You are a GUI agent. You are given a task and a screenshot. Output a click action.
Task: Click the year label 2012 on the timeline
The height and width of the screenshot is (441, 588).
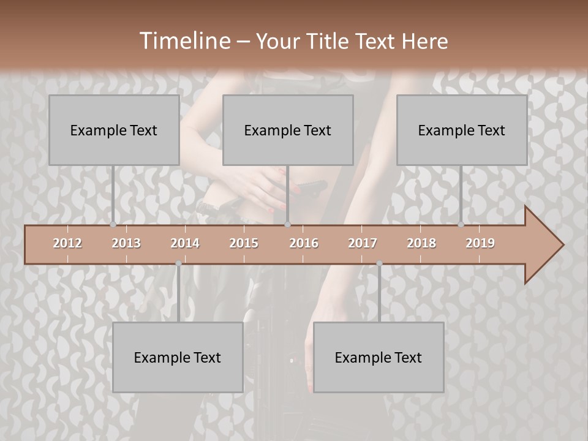tap(67, 243)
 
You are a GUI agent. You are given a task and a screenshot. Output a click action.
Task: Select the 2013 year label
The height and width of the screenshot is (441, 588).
tap(126, 243)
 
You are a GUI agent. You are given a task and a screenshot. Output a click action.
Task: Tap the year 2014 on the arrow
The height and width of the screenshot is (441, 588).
tap(185, 243)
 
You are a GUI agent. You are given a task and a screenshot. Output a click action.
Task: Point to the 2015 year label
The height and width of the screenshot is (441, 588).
tap(244, 243)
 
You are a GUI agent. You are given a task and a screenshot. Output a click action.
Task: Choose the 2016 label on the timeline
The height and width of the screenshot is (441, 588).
tap(304, 243)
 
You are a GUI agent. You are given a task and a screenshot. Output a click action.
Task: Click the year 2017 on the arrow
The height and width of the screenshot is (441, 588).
tap(363, 243)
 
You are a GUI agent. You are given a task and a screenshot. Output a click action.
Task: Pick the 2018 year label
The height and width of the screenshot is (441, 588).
tap(421, 243)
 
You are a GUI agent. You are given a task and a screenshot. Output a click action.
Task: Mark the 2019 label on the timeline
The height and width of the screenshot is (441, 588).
tap(480, 243)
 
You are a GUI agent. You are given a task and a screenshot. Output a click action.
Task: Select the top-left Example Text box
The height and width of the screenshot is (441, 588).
tap(114, 130)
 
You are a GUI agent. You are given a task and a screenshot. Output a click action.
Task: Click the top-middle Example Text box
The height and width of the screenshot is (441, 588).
tap(288, 130)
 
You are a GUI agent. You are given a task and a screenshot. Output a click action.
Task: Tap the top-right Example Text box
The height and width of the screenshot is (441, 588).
tap(462, 130)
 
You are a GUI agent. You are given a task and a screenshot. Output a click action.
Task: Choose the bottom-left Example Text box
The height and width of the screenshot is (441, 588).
tap(178, 357)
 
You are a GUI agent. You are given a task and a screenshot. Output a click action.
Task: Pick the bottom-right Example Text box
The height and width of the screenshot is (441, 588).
tap(379, 357)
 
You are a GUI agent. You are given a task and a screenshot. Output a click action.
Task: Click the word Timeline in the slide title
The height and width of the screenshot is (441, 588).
tap(184, 41)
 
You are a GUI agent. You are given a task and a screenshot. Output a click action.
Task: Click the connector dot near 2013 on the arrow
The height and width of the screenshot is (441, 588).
tap(113, 225)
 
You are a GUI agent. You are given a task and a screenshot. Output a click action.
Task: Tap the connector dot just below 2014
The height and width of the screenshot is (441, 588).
tap(178, 263)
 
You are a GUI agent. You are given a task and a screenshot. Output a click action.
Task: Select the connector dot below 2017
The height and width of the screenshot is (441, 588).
tap(379, 263)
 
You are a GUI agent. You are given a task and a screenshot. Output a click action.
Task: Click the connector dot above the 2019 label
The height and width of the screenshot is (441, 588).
tap(461, 225)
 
